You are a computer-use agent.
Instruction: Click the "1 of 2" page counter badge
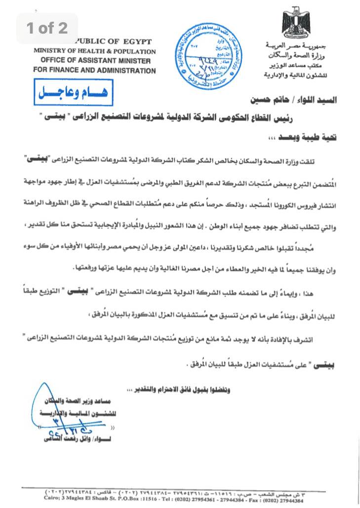(x=47, y=28)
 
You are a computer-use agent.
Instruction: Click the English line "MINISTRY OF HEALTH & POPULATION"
(x=94, y=51)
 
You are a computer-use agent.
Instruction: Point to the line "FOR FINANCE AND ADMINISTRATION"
(x=94, y=71)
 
